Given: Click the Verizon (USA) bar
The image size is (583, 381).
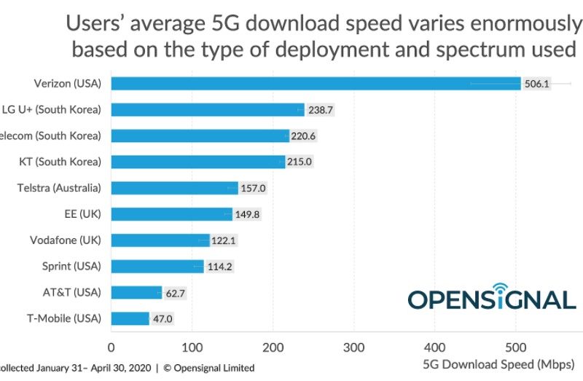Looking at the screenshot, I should click(316, 84).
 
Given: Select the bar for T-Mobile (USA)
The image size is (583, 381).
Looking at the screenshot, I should click(130, 318).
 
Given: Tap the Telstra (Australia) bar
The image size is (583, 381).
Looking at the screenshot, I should click(174, 188).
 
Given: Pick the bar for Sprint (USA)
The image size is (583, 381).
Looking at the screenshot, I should click(157, 267).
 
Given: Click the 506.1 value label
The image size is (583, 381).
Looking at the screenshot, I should click(536, 84).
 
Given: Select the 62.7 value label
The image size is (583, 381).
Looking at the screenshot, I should click(178, 293).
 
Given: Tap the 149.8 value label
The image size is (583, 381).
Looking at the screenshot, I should click(248, 214).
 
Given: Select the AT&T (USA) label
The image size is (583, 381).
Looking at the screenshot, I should click(72, 292).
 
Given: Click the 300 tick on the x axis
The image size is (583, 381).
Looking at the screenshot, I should click(354, 347).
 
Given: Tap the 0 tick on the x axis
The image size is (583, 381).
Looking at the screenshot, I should click(111, 347).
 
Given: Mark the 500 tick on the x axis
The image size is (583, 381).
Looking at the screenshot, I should click(516, 347).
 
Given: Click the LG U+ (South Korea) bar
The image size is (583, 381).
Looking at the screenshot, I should click(208, 110).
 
